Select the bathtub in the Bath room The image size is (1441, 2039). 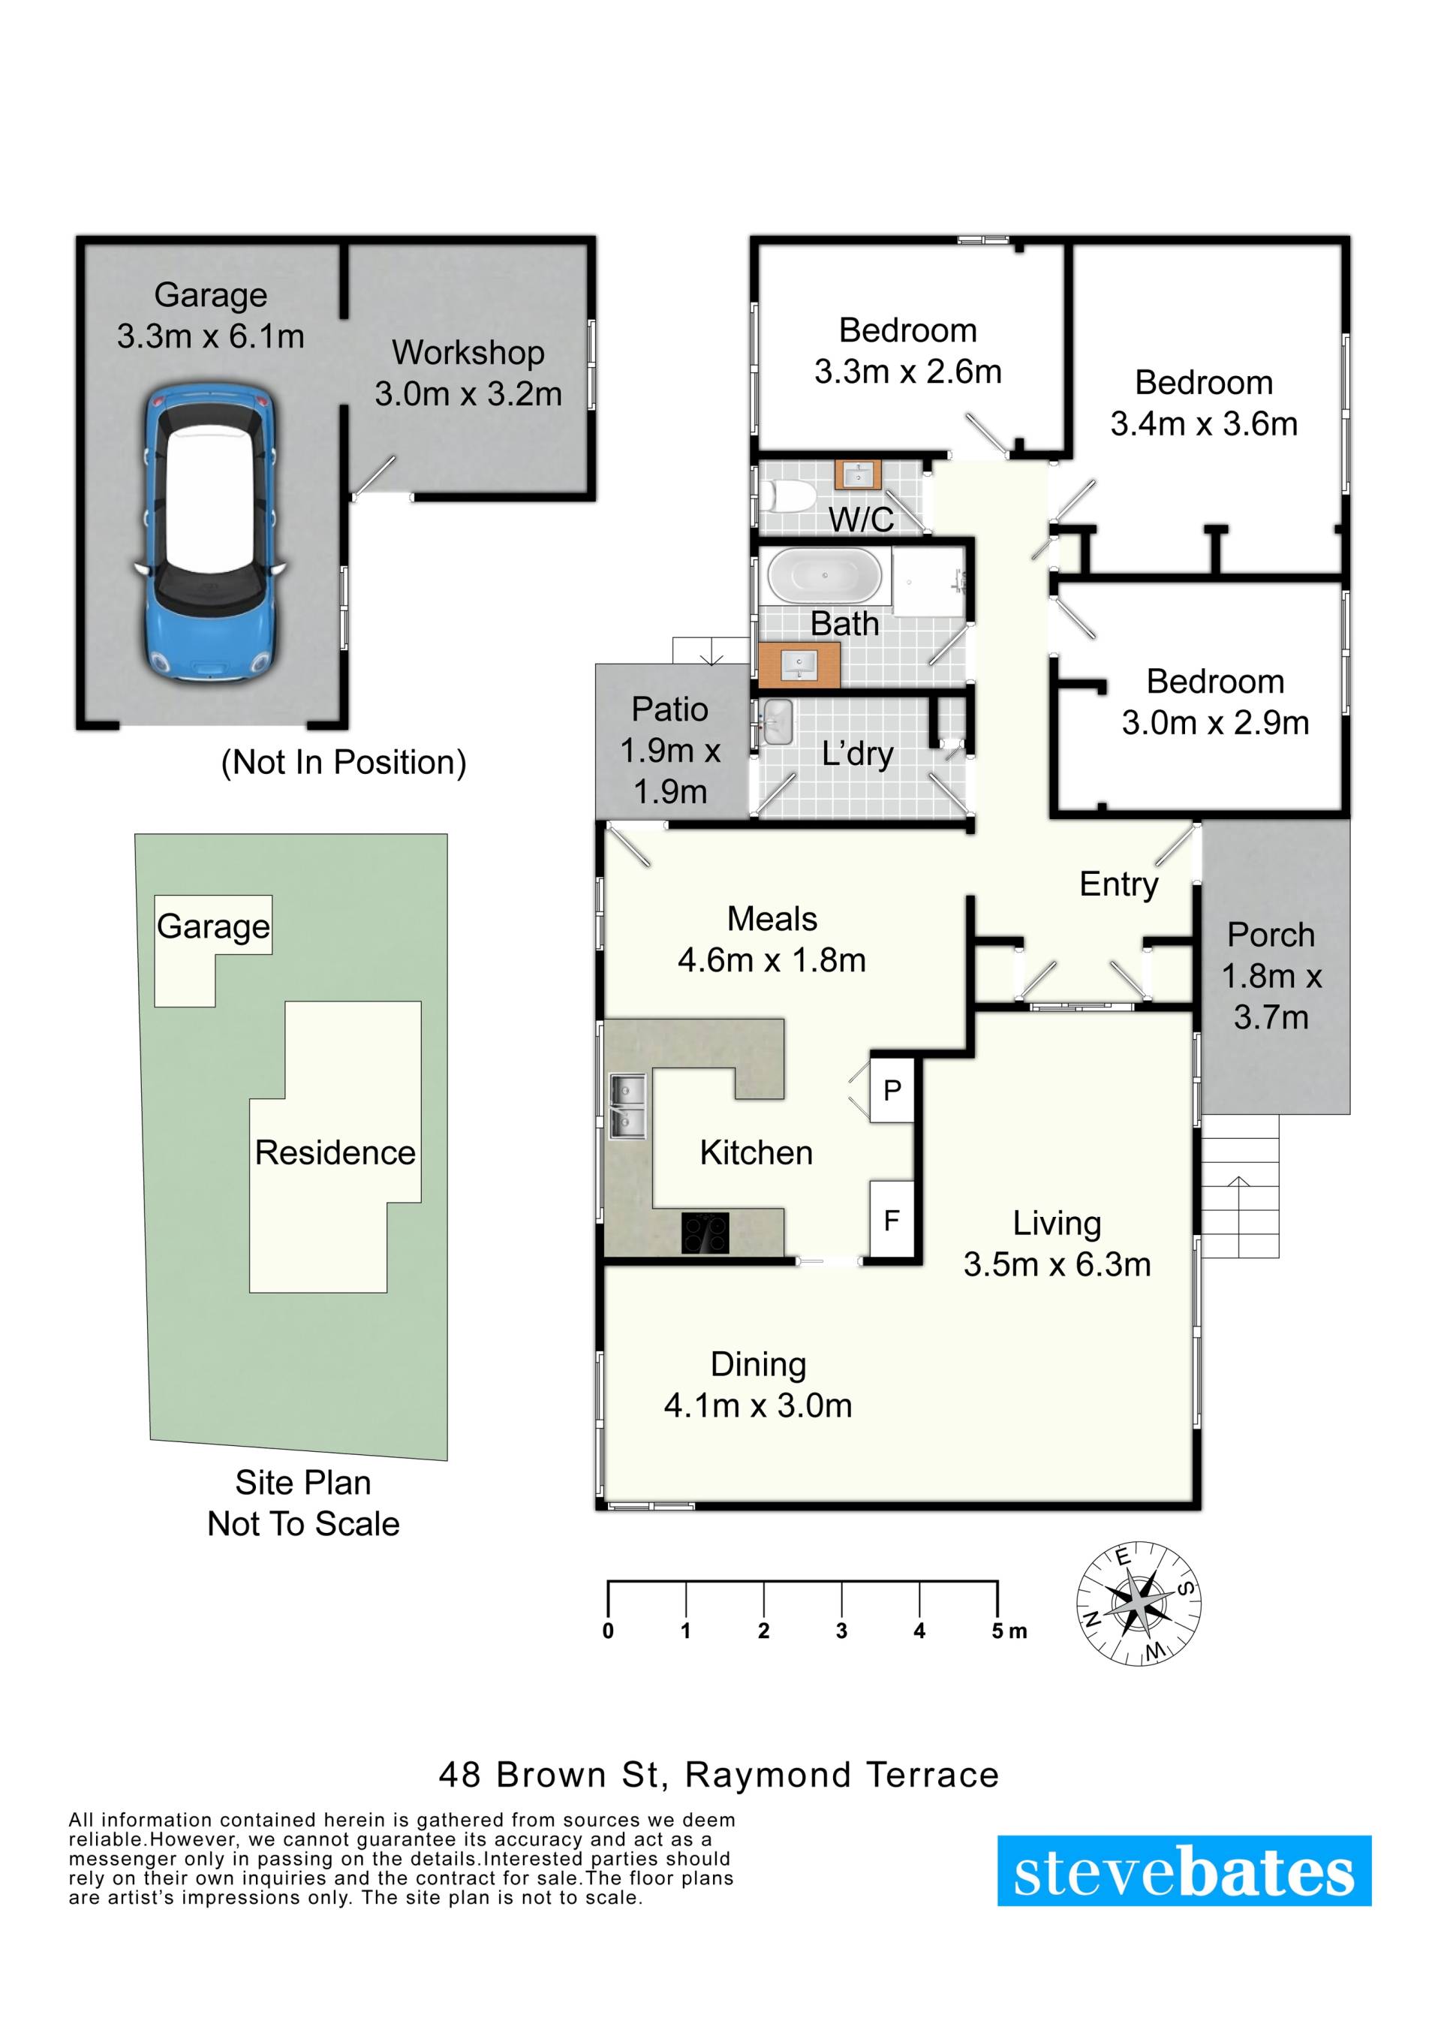pos(825,576)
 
